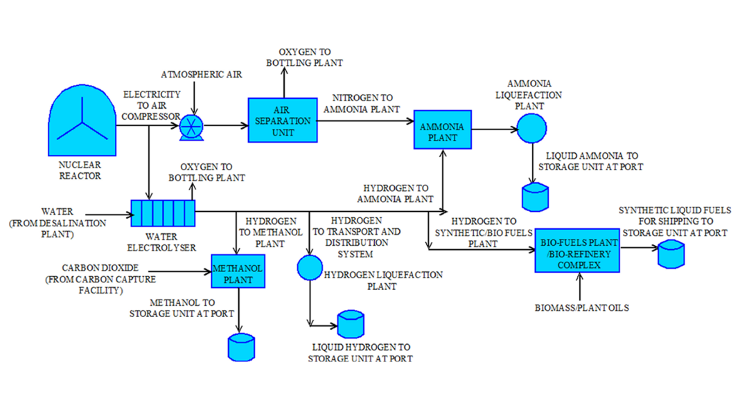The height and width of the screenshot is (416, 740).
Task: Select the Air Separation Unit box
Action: point(280,120)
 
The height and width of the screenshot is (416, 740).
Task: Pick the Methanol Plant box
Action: point(238,271)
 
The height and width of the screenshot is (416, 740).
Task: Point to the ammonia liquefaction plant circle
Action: point(531,127)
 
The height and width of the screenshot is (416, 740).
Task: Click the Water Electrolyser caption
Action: point(161,242)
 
